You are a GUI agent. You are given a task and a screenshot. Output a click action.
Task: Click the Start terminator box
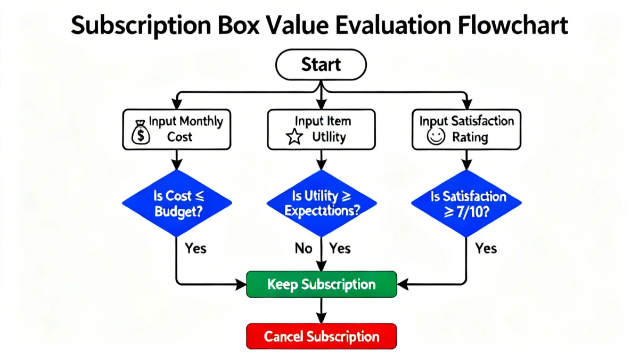[321, 65]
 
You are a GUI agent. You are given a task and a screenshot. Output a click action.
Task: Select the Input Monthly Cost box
[177, 129]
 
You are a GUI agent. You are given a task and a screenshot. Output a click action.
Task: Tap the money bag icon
[140, 133]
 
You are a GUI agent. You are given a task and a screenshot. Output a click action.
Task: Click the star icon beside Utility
[294, 138]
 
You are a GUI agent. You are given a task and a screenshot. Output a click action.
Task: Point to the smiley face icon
[436, 137]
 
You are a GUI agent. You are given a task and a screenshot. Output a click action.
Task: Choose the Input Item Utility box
[321, 129]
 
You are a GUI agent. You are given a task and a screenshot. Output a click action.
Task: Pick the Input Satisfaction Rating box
[466, 129]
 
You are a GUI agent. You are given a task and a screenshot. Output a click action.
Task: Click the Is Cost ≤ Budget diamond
[177, 203]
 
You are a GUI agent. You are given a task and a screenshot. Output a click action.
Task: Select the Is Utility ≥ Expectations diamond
[321, 203]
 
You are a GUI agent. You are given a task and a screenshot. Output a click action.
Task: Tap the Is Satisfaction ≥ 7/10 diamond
[467, 203]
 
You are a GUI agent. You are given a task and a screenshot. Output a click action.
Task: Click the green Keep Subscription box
[322, 284]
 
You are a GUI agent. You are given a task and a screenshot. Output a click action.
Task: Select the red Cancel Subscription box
[322, 336]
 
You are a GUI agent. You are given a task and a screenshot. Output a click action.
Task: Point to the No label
[303, 248]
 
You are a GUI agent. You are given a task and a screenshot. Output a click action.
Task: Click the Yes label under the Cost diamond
[195, 248]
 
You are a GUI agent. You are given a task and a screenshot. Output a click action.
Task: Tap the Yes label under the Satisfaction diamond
[486, 248]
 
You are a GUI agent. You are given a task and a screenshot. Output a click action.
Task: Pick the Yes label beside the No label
[340, 248]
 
